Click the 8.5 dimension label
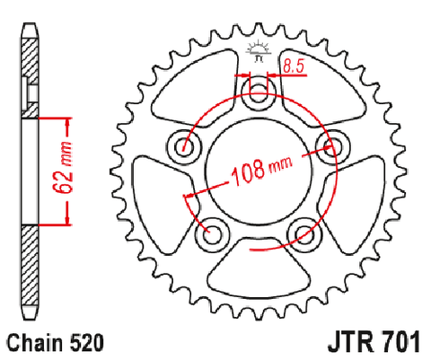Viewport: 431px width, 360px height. click(294, 66)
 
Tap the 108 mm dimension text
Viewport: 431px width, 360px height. click(261, 171)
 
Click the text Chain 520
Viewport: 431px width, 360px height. click(56, 343)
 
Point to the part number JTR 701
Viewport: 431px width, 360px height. click(374, 342)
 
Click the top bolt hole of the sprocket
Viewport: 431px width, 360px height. click(258, 93)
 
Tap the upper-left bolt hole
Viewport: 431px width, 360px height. click(184, 146)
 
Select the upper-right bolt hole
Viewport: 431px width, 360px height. click(333, 146)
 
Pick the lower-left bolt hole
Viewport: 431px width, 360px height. click(212, 234)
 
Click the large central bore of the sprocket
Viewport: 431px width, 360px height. click(258, 171)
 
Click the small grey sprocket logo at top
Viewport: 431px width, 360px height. click(259, 51)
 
